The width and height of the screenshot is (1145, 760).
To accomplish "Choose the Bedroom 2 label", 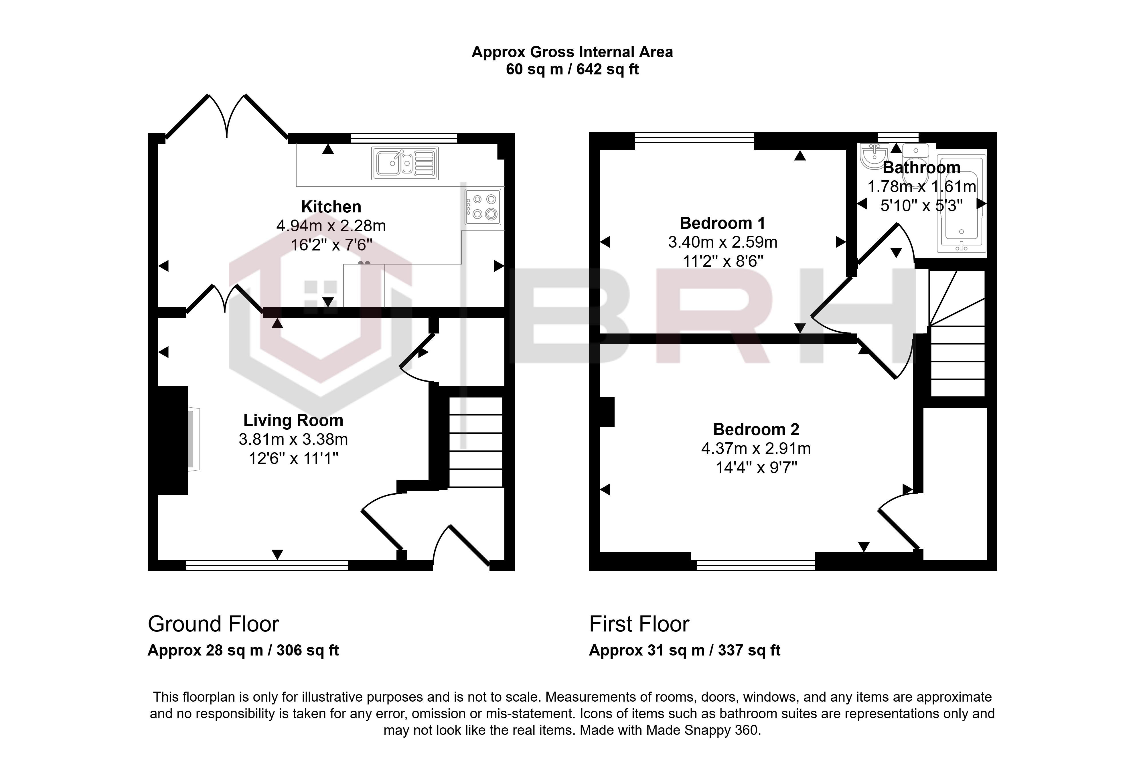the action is pyautogui.click(x=756, y=429).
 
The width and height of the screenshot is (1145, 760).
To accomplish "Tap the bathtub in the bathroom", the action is pyautogui.click(x=961, y=204).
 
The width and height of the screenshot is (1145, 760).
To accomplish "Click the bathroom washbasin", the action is pyautogui.click(x=874, y=156).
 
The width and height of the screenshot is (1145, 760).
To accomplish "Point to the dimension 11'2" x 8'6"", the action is pyautogui.click(x=723, y=261).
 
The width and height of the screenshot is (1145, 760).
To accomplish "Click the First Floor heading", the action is pyautogui.click(x=639, y=624).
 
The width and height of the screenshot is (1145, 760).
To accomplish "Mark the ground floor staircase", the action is pyautogui.click(x=476, y=442).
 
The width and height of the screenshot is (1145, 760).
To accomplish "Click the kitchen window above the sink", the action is pyautogui.click(x=404, y=138).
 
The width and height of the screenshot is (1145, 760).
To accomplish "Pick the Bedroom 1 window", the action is pyautogui.click(x=694, y=138).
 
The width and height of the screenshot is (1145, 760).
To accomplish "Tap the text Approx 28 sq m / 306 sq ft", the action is pyautogui.click(x=243, y=650).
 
